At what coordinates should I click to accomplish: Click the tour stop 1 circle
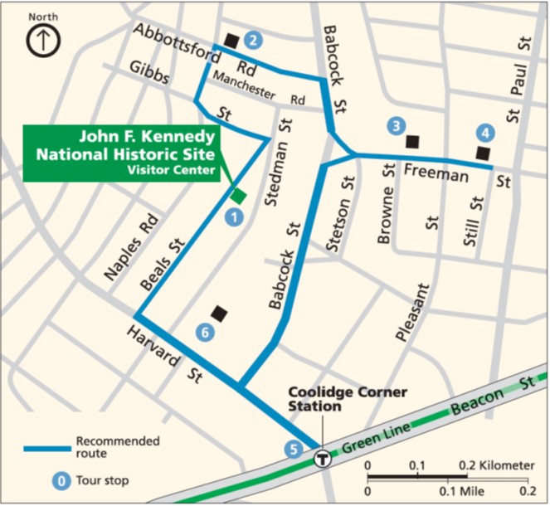coord(234,218)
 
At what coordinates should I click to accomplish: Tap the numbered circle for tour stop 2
coord(253,39)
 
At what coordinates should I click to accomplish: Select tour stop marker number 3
coord(397,126)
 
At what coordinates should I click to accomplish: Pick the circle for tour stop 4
coord(485,132)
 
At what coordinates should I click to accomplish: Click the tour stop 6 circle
coord(207,332)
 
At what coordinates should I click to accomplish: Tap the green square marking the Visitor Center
coord(238,196)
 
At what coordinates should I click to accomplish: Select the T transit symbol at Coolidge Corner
coord(322,457)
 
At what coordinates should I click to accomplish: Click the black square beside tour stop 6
coord(219,313)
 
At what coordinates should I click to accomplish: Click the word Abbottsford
coord(175,41)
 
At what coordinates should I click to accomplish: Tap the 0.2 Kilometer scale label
coord(496,466)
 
